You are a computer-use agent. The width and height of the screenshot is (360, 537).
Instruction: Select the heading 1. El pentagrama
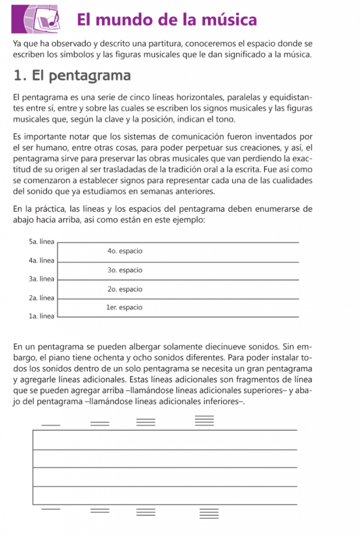coord(71,76)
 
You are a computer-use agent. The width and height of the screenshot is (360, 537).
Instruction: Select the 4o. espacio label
coord(124,251)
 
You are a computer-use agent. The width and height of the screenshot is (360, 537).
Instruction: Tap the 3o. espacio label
coord(124,270)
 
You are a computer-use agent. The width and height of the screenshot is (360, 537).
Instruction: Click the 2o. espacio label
coord(124,289)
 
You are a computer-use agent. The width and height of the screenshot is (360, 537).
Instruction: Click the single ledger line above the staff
coord(51,424)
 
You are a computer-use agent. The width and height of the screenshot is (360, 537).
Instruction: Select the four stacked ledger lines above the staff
coord(205,421)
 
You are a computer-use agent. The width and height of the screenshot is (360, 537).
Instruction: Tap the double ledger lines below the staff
coord(100,511)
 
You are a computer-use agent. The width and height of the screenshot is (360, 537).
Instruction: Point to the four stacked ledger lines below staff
coord(208,513)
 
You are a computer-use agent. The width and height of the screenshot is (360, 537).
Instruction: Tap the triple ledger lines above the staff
coord(146,422)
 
